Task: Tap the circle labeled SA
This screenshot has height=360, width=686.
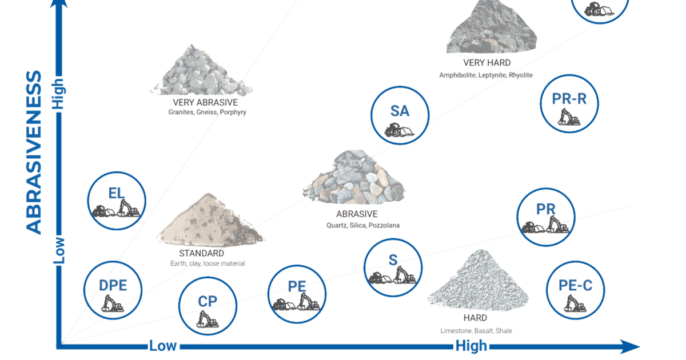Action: pyautogui.click(x=400, y=115)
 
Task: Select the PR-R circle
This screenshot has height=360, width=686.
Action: pyautogui.click(x=569, y=103)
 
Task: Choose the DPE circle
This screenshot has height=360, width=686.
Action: pyautogui.click(x=113, y=290)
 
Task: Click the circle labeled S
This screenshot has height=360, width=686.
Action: pyautogui.click(x=393, y=267)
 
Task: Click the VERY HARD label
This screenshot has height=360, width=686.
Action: pyautogui.click(x=488, y=63)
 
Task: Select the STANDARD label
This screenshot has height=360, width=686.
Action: pyautogui.click(x=201, y=253)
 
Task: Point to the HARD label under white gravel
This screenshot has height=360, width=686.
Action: pyautogui.click(x=475, y=318)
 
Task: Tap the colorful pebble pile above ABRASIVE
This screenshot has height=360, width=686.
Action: pyautogui.click(x=354, y=178)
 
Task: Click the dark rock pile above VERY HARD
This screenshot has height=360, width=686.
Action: pyautogui.click(x=491, y=29)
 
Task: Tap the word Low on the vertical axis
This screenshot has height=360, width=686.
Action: pyautogui.click(x=58, y=250)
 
